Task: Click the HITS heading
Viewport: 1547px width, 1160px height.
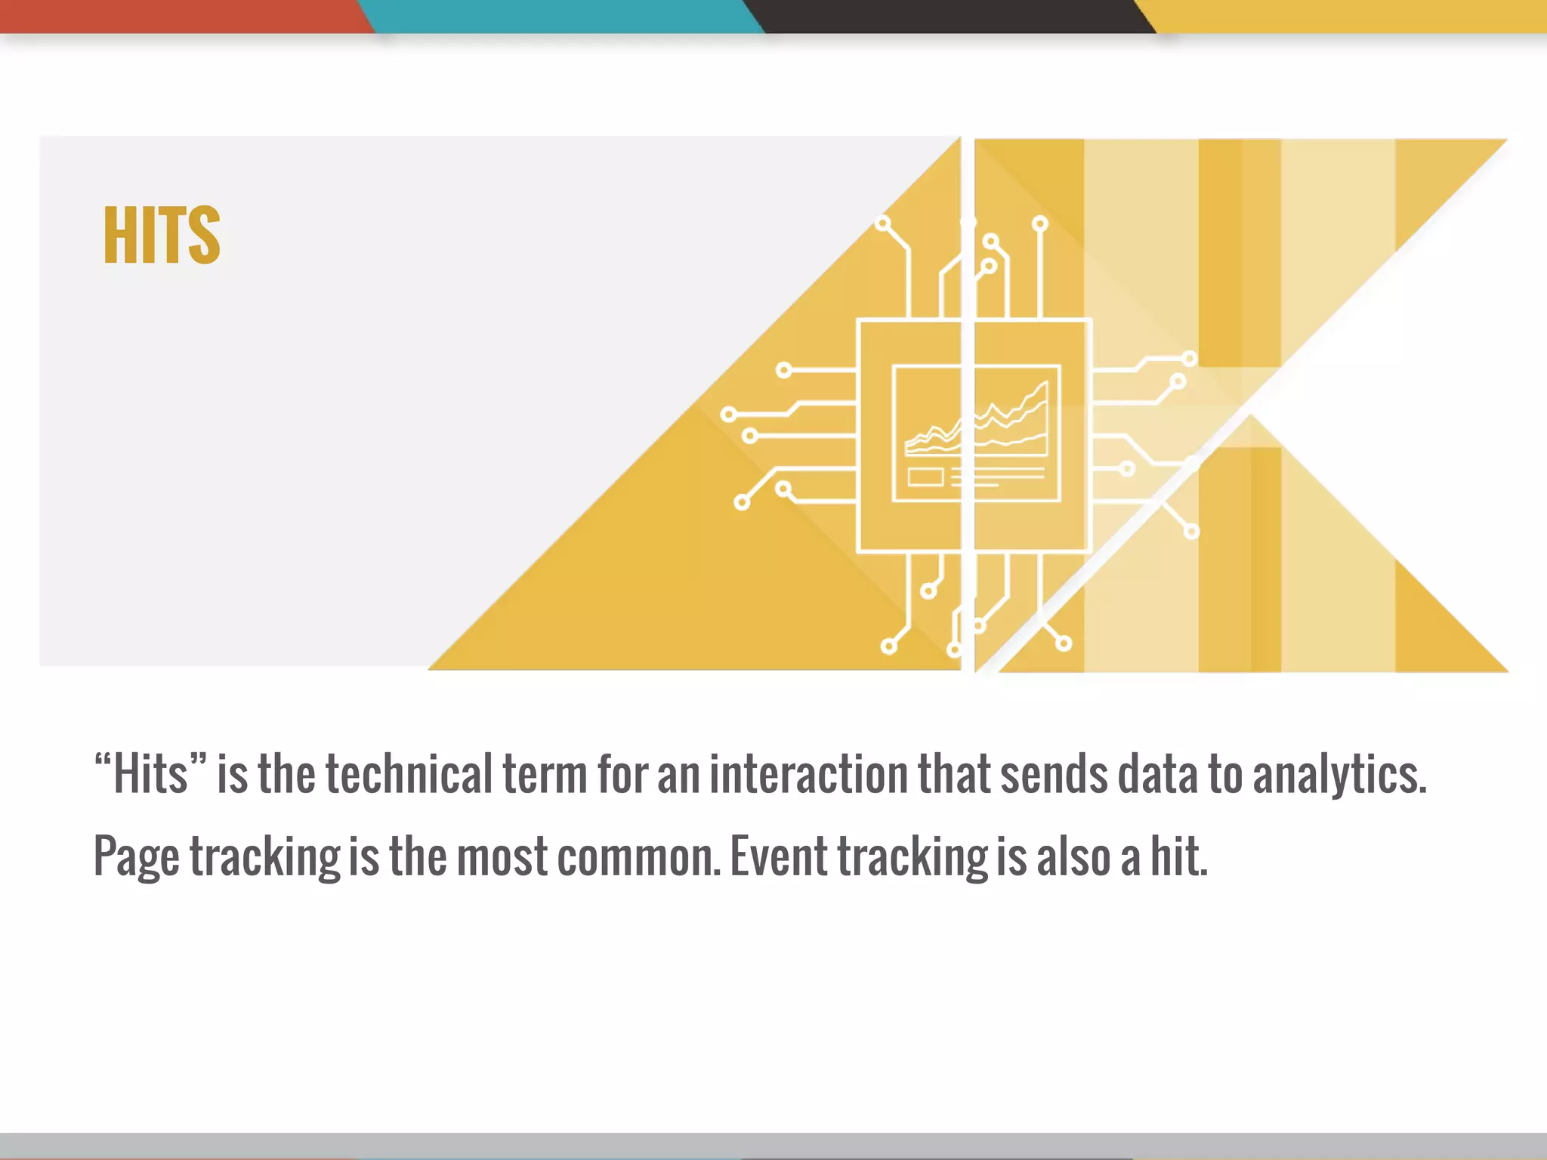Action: point(162,235)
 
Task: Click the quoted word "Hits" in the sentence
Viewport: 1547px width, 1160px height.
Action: point(150,774)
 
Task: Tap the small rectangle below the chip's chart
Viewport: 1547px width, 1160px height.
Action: point(925,477)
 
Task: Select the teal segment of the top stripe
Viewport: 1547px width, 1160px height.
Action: point(559,15)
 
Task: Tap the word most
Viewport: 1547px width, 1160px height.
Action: point(502,857)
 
